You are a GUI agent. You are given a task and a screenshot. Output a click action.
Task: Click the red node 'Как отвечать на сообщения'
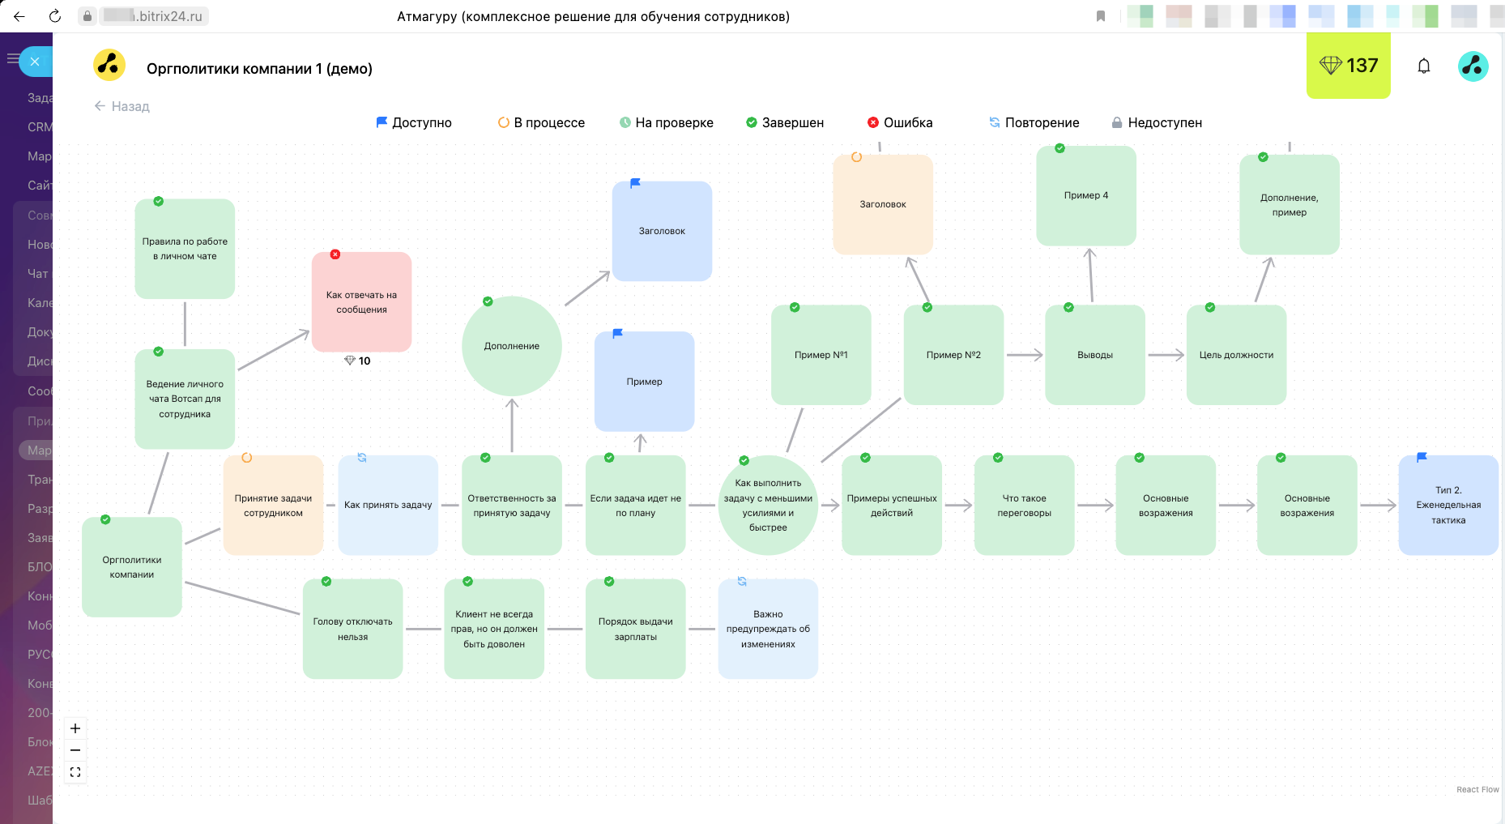coord(361,302)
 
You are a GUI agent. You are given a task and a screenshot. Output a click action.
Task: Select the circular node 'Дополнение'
coord(511,346)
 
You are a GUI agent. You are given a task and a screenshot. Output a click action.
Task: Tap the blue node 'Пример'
coord(644,382)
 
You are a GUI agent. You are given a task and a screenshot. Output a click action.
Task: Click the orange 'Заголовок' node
coord(883,204)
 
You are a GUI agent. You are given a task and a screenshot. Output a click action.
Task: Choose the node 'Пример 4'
coord(1085,195)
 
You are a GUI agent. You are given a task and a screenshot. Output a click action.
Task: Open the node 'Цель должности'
coord(1236,355)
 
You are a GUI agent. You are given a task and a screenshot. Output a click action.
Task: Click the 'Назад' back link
coord(122,106)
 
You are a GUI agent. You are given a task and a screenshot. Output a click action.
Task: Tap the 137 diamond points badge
coord(1348,66)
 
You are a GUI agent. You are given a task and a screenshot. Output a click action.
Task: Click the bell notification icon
coord(1423,66)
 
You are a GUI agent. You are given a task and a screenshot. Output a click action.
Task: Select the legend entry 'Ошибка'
coord(900,122)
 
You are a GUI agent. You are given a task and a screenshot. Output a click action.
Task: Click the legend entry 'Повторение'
coord(1034,122)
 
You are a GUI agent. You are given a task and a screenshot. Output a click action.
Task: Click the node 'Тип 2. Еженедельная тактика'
coord(1447,505)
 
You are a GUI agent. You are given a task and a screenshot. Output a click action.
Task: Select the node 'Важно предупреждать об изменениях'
coord(767,629)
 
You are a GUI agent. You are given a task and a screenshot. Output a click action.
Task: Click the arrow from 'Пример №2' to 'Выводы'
coord(1024,355)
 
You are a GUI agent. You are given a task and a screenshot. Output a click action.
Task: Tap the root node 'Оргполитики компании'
coord(131,567)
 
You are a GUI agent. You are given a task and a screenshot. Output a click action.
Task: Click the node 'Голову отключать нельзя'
coord(352,629)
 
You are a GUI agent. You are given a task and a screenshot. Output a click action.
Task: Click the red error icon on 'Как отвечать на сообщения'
coord(335,254)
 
